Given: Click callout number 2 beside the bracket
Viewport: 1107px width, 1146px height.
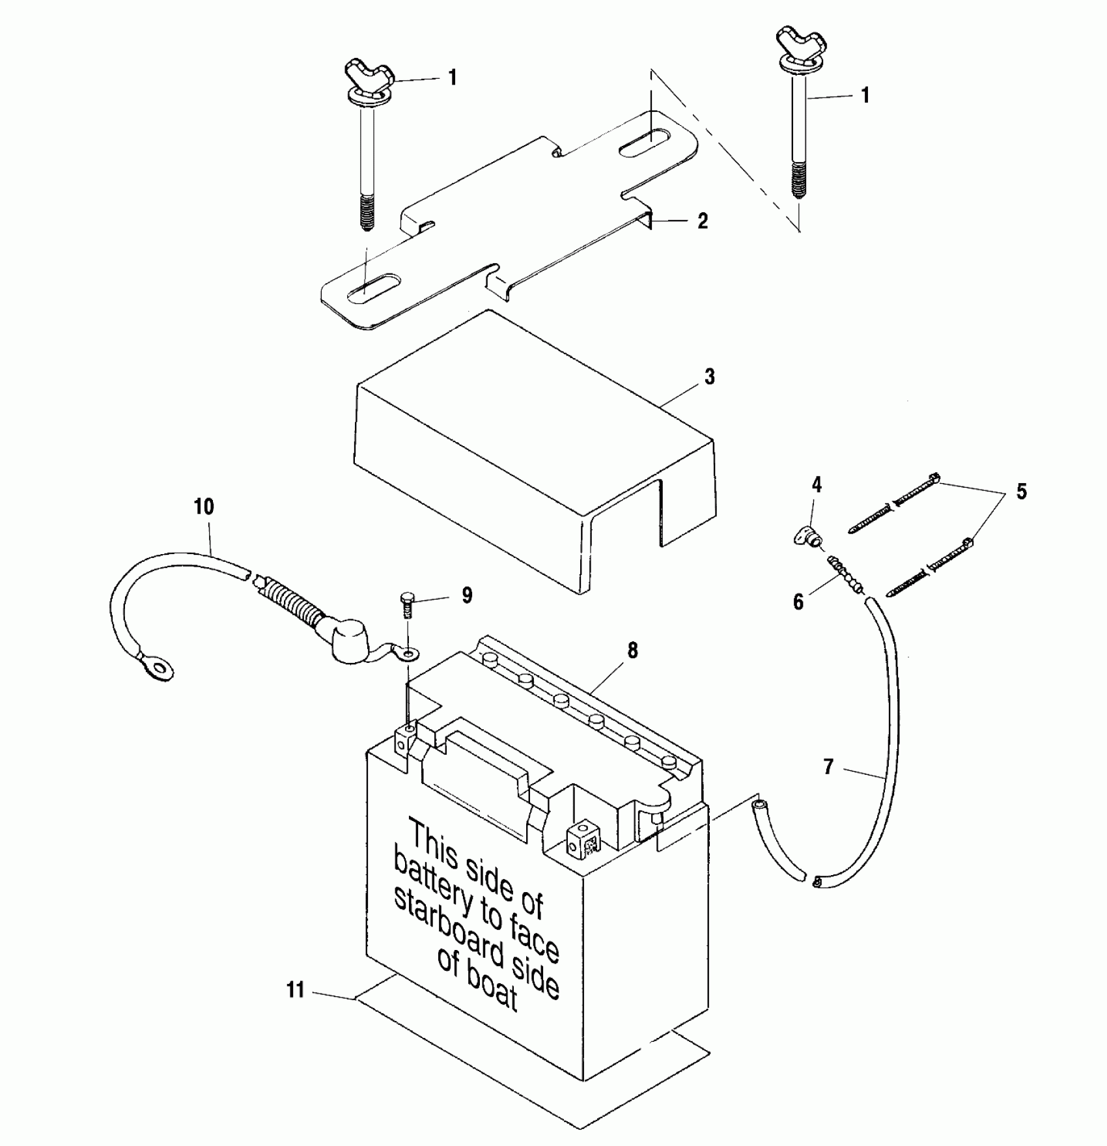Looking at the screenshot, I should pos(702,221).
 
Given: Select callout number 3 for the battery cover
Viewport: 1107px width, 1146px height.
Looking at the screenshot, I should pos(709,377).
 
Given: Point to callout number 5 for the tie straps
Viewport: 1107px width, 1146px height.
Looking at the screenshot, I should pos(1021,491).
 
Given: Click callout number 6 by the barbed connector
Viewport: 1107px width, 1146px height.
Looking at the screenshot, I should pos(799,602).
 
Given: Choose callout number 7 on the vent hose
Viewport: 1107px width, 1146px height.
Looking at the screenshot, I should pos(828,766).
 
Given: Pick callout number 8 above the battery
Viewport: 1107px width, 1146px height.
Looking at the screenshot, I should pos(632,650).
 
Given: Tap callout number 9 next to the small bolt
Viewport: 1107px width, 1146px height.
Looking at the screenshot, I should pos(467,595).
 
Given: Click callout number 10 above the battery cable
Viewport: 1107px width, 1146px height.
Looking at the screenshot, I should pos(204,507).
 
